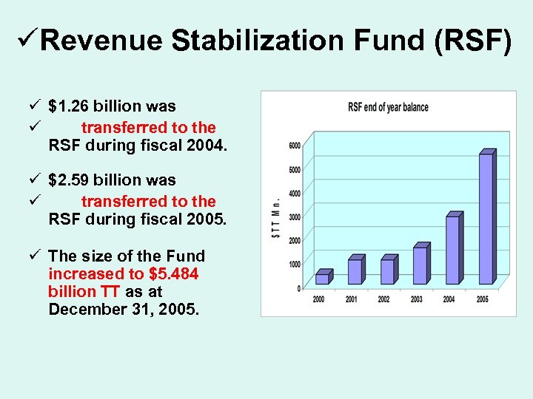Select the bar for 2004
click(x=453, y=249)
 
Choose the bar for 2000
click(x=322, y=278)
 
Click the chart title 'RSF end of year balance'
click(x=388, y=108)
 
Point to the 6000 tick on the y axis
click(x=294, y=146)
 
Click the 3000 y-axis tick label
click(x=294, y=216)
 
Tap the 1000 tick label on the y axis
click(x=294, y=264)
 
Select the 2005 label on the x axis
click(x=482, y=299)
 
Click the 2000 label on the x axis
click(x=318, y=299)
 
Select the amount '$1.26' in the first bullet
click(x=69, y=106)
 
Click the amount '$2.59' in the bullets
click(x=69, y=180)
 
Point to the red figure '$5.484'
click(x=174, y=273)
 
